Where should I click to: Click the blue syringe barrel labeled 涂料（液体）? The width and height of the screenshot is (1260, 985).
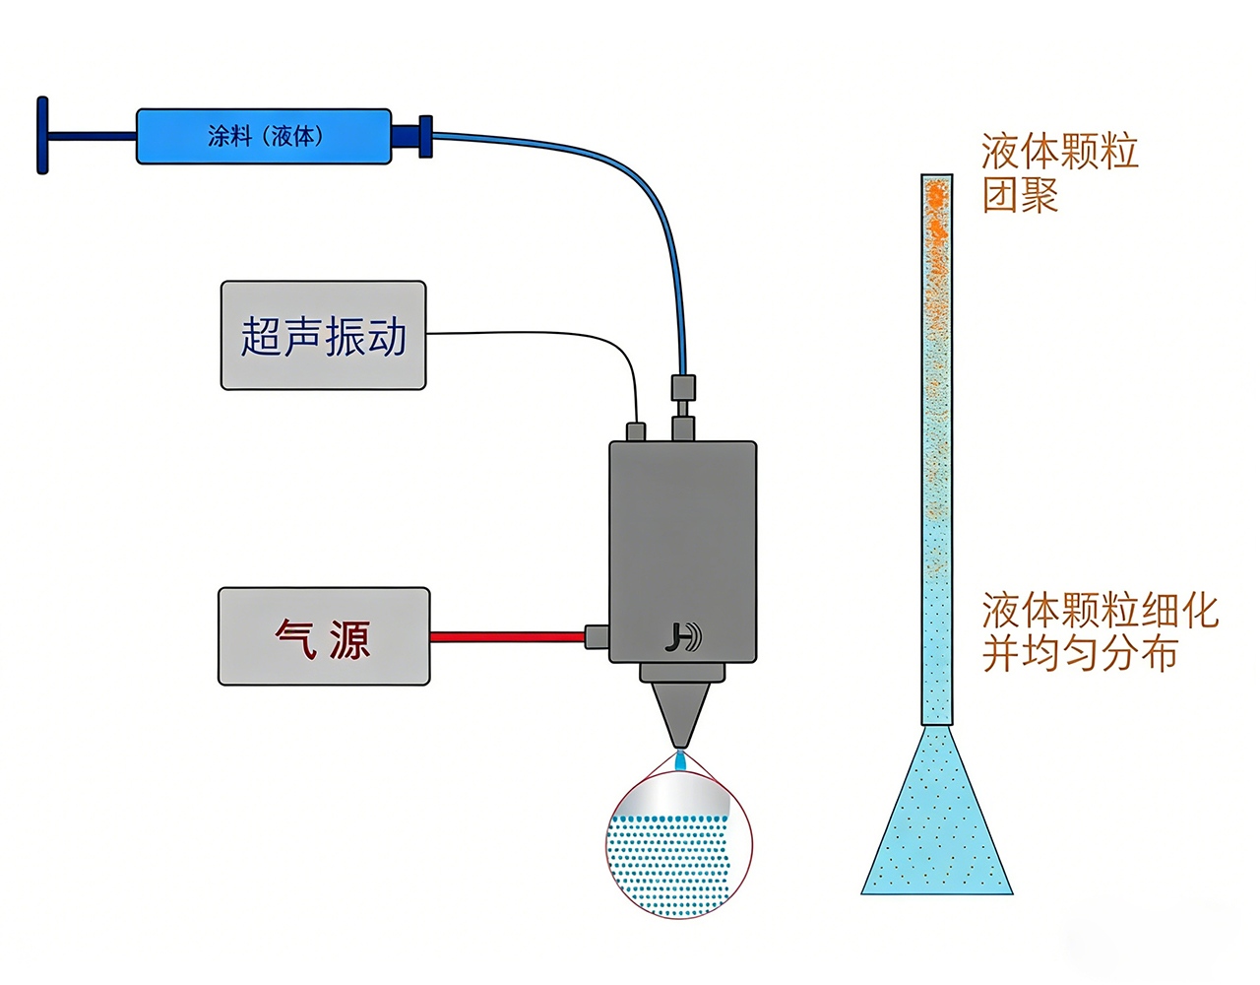tap(263, 136)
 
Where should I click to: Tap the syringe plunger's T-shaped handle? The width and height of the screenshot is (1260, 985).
tap(43, 135)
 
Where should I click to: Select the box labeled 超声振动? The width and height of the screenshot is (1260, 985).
tap(323, 336)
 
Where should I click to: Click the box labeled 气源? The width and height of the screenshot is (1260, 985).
tap(323, 637)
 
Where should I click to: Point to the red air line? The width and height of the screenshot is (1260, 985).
tap(507, 637)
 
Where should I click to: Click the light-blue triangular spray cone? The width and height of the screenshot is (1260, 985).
tap(936, 827)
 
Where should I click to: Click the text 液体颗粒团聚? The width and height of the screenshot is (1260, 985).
tap(1058, 173)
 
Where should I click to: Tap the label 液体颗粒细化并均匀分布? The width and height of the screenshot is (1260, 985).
tap(1098, 632)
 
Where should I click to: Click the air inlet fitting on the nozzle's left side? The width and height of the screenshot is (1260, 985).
tap(597, 636)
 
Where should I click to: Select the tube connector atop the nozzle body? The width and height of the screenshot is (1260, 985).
tap(682, 404)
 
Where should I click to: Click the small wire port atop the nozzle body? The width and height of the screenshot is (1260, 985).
tap(636, 431)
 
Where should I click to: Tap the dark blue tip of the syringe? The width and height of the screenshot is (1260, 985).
tap(411, 136)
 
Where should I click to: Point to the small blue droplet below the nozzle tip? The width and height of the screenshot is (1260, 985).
tap(679, 761)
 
